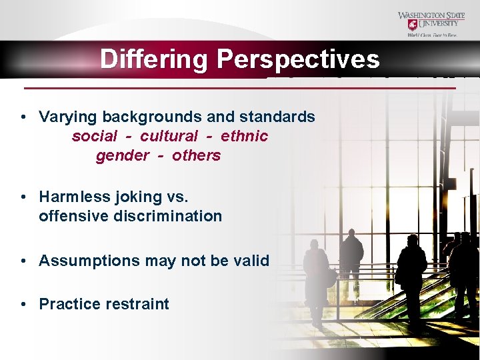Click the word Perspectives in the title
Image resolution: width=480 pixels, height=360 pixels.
click(297, 59)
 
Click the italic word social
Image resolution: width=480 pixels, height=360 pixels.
click(94, 136)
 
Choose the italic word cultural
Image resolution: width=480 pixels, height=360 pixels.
click(169, 136)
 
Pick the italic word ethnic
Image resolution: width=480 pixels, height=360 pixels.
click(244, 136)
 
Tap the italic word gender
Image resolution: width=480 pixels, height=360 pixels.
click(123, 155)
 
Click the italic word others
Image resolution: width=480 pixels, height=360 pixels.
click(196, 155)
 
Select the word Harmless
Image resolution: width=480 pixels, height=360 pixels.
click(75, 197)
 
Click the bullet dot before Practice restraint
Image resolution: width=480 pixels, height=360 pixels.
click(23, 304)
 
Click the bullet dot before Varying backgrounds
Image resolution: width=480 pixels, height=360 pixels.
click(23, 117)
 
